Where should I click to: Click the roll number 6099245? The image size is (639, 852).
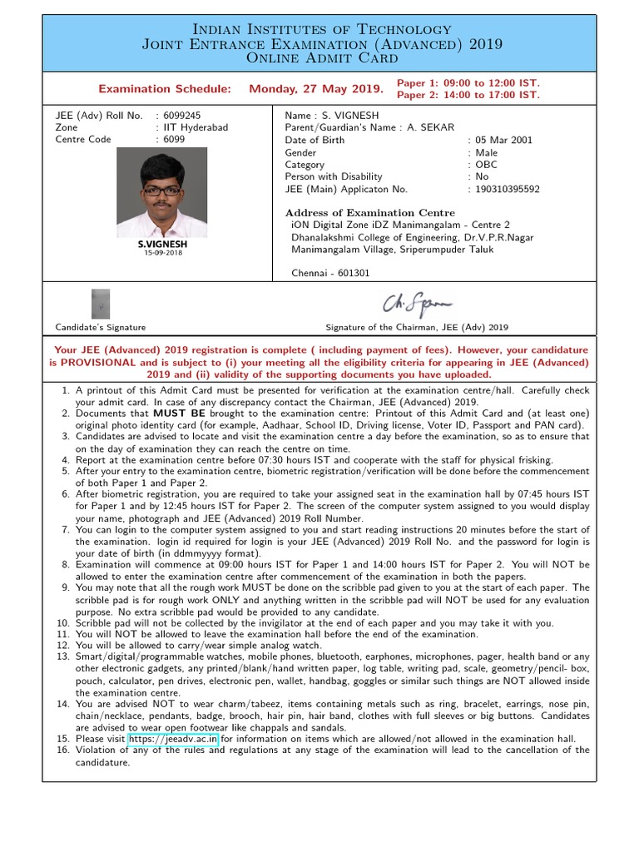(182, 116)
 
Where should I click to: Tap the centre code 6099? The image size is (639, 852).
(174, 139)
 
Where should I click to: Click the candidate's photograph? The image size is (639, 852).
(162, 198)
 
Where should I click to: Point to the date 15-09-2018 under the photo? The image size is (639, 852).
(162, 253)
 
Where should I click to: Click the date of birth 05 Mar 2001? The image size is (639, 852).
(504, 141)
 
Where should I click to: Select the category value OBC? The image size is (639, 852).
(487, 165)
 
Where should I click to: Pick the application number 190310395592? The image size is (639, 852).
(508, 189)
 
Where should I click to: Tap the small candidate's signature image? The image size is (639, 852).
(100, 305)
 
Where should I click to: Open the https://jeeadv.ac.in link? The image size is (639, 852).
(173, 738)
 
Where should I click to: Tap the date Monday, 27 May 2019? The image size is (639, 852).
(316, 89)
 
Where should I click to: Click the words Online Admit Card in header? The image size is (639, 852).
(319, 58)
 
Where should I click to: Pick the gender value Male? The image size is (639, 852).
(487, 153)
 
